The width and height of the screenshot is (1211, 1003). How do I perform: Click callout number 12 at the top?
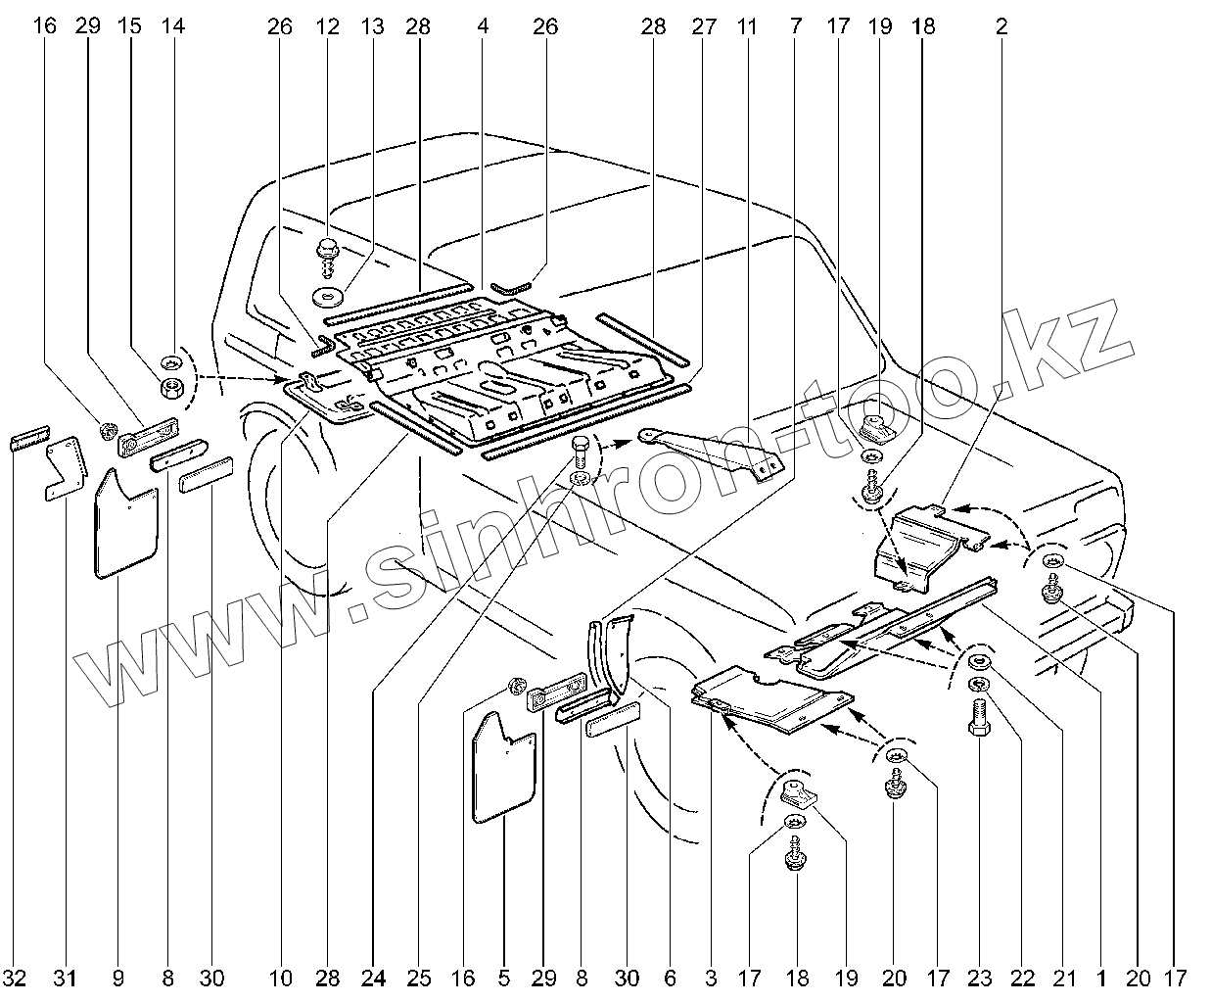327,27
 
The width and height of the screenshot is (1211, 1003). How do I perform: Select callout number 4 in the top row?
483,27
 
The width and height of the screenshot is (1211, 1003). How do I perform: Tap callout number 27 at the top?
703,27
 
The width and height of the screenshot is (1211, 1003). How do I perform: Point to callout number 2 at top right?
1001,27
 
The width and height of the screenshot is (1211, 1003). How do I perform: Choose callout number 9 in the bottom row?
118,977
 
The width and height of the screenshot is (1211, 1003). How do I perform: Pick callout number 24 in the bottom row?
374,977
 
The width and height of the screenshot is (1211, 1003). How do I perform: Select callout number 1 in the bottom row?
1101,977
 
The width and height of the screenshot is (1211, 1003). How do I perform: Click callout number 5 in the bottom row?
502,977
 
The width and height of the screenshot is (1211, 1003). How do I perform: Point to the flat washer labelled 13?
327,294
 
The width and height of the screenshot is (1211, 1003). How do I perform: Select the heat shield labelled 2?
915,544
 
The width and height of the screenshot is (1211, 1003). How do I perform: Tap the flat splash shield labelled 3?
769,700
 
